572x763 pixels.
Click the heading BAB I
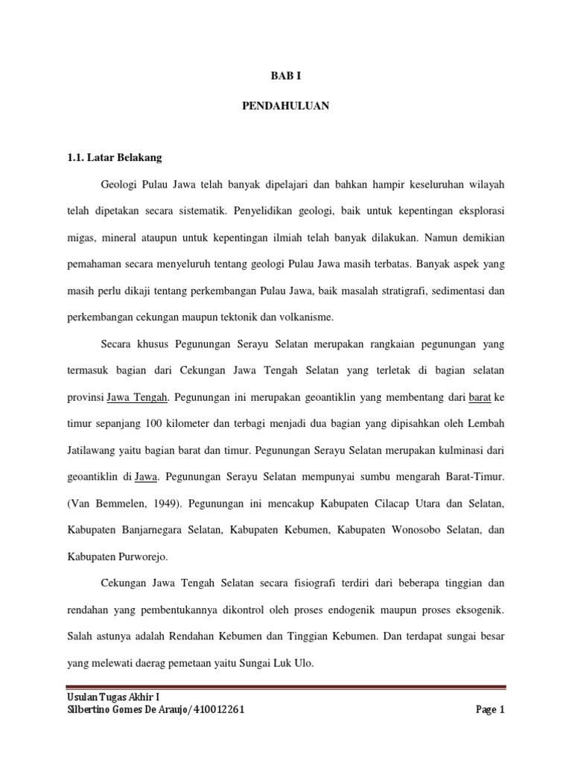[x=285, y=75]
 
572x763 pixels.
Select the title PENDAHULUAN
[x=285, y=107]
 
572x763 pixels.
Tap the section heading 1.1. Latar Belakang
[x=113, y=158]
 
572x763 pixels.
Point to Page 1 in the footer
[x=490, y=710]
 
